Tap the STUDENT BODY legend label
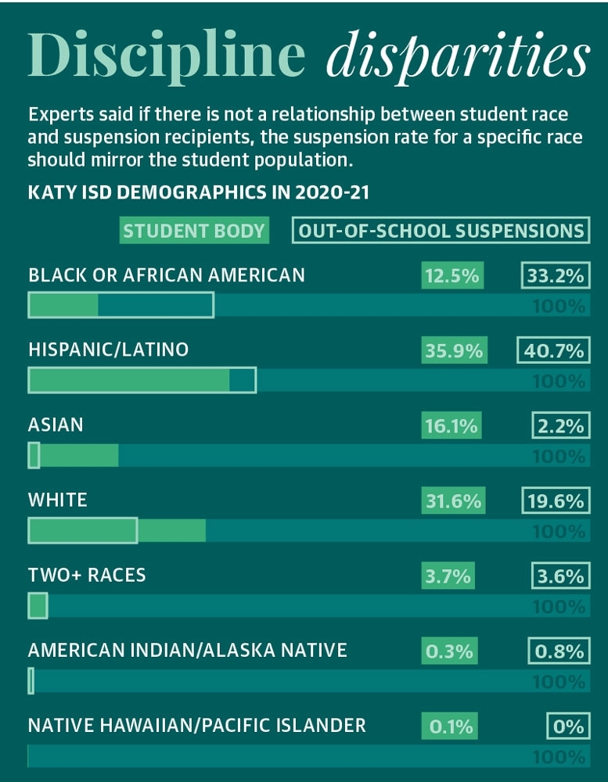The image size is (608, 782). point(194,231)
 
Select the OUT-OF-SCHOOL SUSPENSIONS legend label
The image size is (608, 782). point(441,231)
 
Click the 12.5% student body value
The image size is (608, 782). point(452,276)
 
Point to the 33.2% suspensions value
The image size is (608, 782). point(555,276)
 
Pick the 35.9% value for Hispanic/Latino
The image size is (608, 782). point(453,351)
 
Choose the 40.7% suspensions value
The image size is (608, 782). point(552,351)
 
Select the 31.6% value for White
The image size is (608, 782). point(453,501)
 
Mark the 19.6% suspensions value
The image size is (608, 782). point(555,501)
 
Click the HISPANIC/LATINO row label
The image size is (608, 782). point(108,350)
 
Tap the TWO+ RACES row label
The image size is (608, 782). point(87,575)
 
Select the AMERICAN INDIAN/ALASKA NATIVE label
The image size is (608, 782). point(187,650)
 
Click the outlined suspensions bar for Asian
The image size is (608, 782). point(34,455)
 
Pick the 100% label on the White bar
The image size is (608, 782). point(559,532)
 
